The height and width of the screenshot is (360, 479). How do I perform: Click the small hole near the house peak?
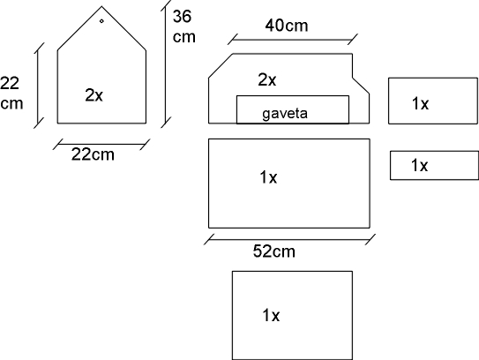[x=101, y=21]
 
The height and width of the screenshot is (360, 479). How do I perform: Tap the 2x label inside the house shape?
[x=94, y=95]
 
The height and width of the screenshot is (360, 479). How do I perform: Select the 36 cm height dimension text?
[x=183, y=26]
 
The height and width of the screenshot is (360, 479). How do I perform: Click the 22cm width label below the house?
[x=93, y=154]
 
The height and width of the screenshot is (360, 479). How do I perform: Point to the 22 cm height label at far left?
[x=11, y=93]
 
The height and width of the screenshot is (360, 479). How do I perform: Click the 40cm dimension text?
[x=287, y=26]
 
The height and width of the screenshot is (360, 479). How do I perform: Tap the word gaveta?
[x=285, y=114]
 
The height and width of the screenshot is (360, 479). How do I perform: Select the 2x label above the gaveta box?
[x=267, y=80]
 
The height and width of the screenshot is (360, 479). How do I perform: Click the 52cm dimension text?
[x=274, y=251]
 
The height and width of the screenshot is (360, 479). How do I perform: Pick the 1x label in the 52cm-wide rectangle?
[x=268, y=177]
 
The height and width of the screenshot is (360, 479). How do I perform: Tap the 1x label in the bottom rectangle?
[x=271, y=315]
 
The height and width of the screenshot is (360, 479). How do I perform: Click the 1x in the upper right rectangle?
[x=421, y=103]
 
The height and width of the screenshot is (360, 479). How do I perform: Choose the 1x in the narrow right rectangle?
[x=419, y=165]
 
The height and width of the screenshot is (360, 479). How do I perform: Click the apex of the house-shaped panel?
[x=101, y=7]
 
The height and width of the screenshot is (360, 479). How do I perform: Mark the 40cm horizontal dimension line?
[x=293, y=40]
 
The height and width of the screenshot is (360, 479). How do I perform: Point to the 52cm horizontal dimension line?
[x=289, y=240]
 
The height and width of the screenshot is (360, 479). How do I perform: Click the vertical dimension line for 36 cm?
[x=165, y=64]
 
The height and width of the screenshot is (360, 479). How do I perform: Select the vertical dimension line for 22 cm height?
[x=39, y=86]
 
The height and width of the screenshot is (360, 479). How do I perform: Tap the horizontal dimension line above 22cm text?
[x=101, y=144]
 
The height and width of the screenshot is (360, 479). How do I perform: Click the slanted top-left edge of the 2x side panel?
[x=221, y=66]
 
